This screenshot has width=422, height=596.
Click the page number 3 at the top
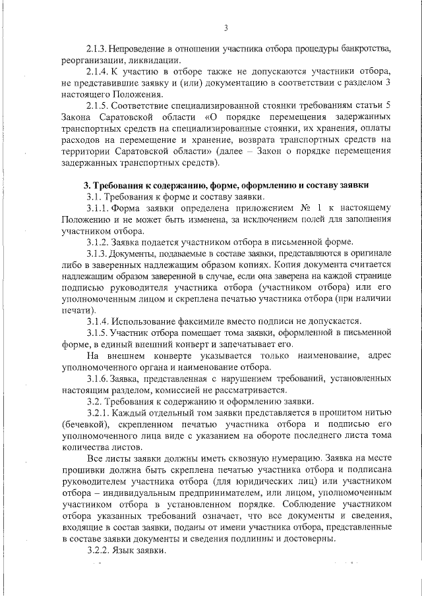225,28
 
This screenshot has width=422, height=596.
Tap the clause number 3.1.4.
98,321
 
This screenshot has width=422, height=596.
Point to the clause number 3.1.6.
98,379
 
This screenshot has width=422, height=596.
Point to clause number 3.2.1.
98,414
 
